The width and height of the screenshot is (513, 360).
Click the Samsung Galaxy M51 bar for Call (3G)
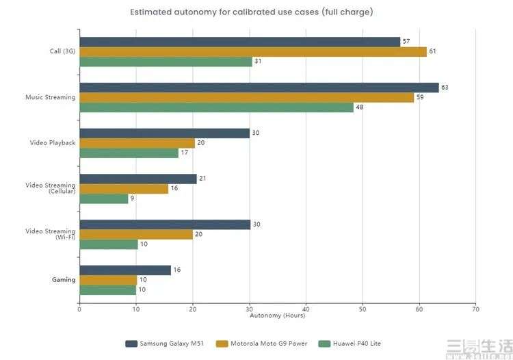tap(239, 42)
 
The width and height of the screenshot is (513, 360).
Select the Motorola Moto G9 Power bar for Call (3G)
tap(252, 51)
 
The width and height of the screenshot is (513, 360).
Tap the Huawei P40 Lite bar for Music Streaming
tap(216, 107)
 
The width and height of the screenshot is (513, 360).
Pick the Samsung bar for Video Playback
tap(164, 133)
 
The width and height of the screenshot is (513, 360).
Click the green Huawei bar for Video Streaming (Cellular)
tap(104, 198)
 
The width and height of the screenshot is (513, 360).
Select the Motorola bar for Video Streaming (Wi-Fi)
tap(136, 234)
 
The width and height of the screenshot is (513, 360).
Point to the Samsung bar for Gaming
tap(125, 270)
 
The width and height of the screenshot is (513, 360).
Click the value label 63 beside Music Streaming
tap(445, 88)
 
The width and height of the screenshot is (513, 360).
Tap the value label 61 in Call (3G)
tap(432, 51)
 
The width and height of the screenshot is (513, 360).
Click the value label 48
tap(359, 107)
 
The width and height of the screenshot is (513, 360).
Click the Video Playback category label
tap(52, 143)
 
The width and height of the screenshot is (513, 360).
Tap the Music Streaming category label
tap(50, 97)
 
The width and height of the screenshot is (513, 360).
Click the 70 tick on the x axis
tap(475, 309)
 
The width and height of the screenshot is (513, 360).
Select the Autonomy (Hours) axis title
tap(277, 316)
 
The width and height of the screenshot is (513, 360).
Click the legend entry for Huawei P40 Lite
tap(360, 343)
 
